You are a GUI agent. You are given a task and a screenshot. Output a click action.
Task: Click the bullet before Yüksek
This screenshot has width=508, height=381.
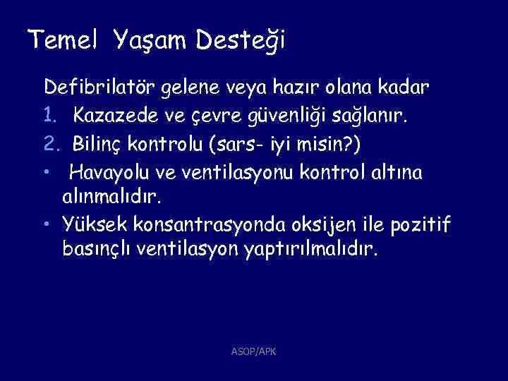click(x=46, y=224)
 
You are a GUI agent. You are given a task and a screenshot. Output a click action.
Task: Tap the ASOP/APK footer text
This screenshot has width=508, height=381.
click(x=253, y=350)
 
